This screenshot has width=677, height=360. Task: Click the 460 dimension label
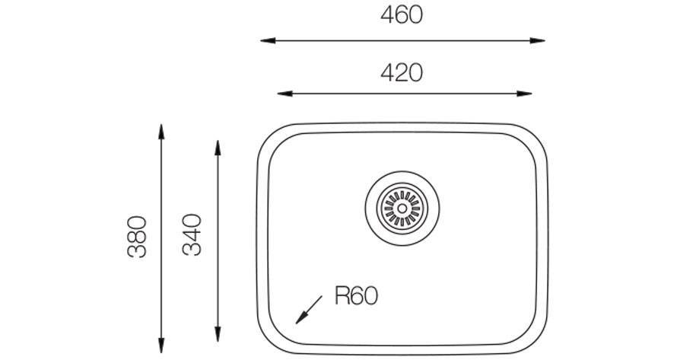[x=402, y=14]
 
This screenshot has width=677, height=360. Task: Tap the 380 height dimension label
[x=137, y=237]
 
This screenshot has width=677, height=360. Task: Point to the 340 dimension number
[x=192, y=234]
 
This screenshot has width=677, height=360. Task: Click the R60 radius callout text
[x=357, y=296]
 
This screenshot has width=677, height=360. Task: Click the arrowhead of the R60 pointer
[x=301, y=318]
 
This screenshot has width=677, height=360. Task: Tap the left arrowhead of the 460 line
[x=268, y=40]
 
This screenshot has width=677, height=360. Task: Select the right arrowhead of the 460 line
[x=538, y=40]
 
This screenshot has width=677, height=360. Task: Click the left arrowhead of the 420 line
[x=284, y=94]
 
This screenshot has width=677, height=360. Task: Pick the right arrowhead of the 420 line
[x=524, y=94]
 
